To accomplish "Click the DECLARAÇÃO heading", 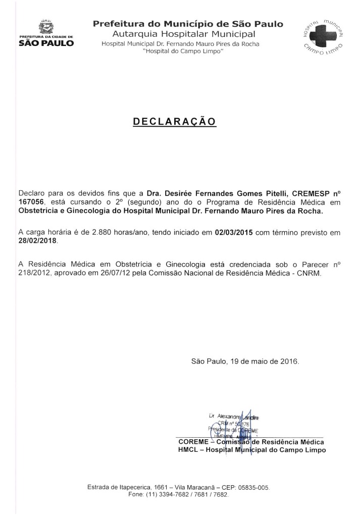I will (174, 122).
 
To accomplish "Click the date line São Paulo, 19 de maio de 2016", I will (245, 361).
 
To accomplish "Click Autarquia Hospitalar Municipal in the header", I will (184, 34).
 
